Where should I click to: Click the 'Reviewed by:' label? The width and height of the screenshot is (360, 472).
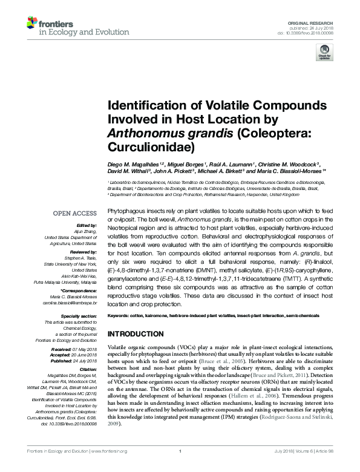[x=82, y=251]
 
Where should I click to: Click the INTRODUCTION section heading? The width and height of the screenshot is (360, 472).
[x=136, y=334]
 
